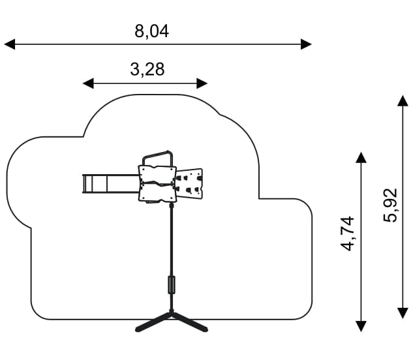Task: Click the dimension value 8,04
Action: click(151, 31)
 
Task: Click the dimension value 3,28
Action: click(147, 70)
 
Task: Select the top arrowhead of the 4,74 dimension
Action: click(361, 157)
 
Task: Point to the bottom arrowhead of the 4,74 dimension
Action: click(361, 325)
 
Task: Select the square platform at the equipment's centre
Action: click(157, 183)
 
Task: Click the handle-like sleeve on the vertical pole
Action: click(172, 285)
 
